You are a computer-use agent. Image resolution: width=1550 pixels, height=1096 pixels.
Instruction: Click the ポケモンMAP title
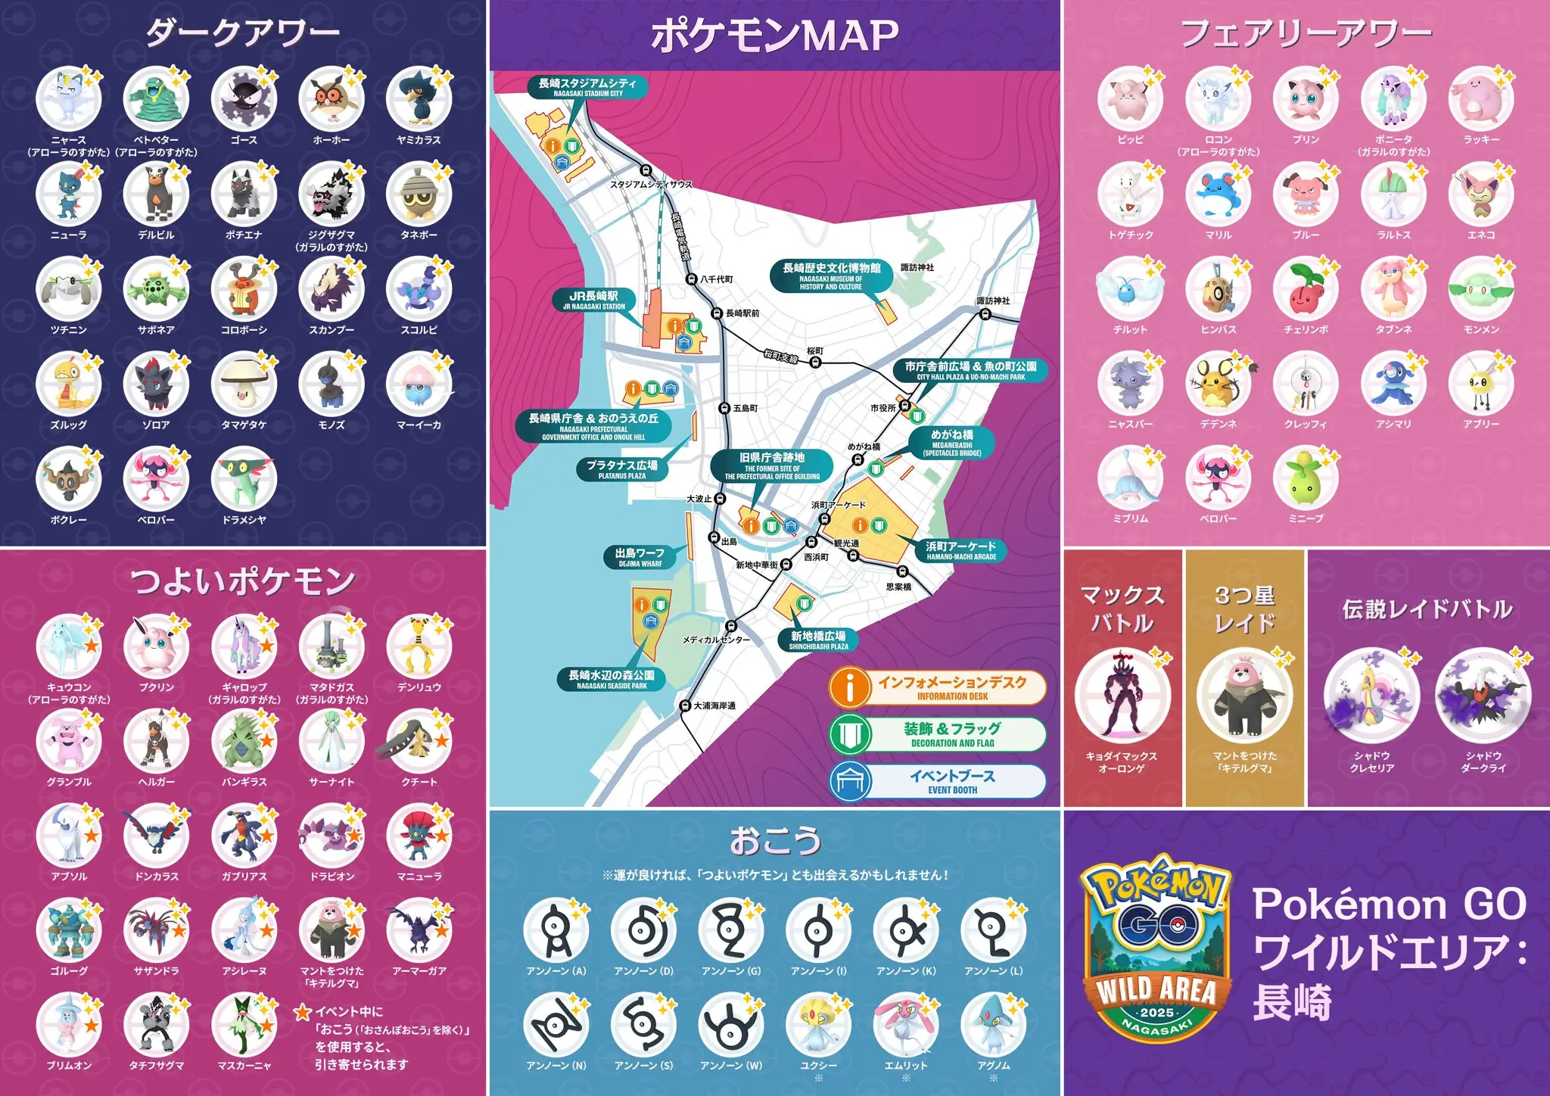click(775, 36)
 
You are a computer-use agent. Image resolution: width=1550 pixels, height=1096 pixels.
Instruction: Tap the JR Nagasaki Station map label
click(594, 300)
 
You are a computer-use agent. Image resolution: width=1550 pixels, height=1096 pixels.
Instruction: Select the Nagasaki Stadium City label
click(587, 87)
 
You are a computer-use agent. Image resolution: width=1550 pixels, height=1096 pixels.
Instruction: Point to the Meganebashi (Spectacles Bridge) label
click(952, 443)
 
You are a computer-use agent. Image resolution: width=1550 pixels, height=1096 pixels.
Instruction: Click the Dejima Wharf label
click(640, 557)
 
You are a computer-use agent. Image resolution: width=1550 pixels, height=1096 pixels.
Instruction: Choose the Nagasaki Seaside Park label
click(612, 679)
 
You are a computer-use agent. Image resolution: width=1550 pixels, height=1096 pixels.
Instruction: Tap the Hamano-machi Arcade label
click(961, 550)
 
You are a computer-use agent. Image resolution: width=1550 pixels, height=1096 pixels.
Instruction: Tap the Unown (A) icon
click(556, 931)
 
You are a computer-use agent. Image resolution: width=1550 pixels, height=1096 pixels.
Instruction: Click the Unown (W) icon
click(731, 1026)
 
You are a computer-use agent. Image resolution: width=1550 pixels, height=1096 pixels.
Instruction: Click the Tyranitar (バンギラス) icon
click(244, 742)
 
